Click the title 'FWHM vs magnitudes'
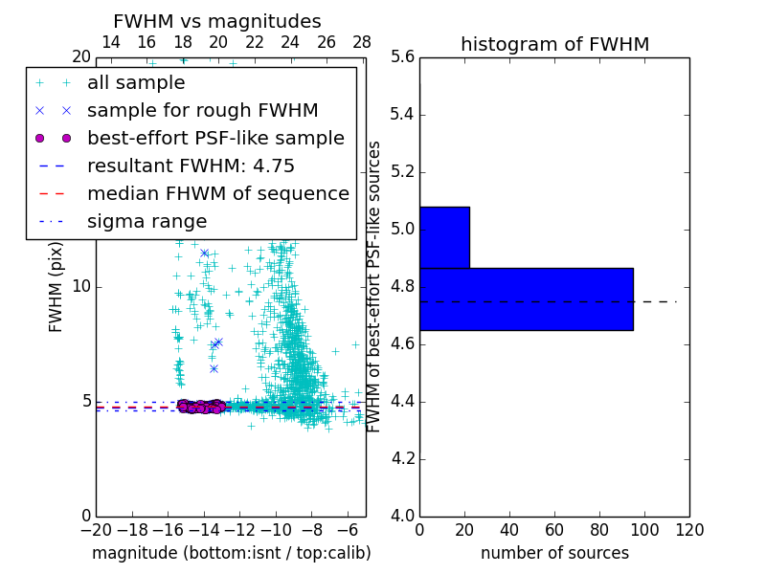[217, 21]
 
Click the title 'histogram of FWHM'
[554, 44]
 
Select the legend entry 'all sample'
[136, 83]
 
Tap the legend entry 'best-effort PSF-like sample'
[215, 138]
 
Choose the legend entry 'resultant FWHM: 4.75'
[191, 166]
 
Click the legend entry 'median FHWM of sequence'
[217, 193]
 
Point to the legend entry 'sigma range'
[146, 221]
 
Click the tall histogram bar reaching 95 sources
[526, 298]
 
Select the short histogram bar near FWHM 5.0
[444, 237]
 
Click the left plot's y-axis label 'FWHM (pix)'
[56, 287]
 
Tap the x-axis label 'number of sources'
[554, 553]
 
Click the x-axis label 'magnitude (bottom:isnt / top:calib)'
[231, 553]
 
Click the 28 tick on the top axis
[362, 42]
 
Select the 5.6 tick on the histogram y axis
[403, 57]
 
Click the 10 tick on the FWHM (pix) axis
[81, 287]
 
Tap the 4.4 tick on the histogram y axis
[403, 402]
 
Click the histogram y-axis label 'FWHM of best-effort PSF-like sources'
[375, 287]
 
